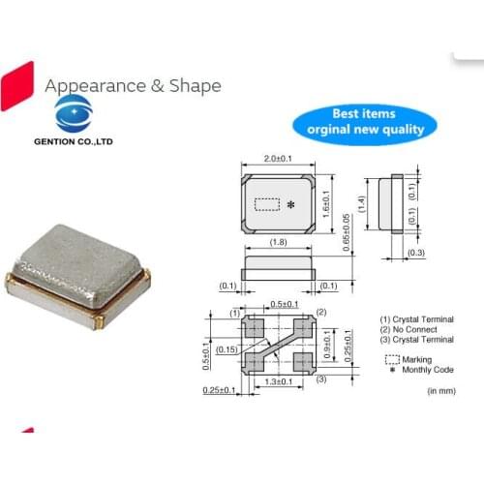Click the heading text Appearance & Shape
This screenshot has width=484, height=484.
[133, 85]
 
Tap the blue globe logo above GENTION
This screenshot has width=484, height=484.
[74, 112]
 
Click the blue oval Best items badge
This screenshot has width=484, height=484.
[365, 121]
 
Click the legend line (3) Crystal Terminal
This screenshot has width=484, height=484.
[415, 340]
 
